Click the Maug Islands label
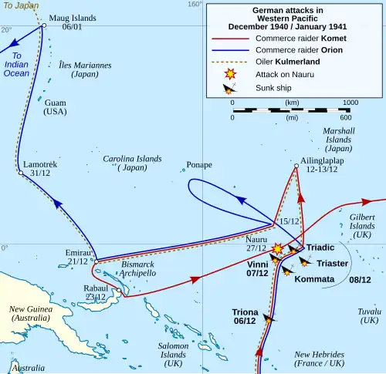[73, 17]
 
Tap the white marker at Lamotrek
[21, 174]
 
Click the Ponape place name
[199, 165]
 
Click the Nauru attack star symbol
[278, 248]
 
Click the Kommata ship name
[314, 279]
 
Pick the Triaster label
[332, 263]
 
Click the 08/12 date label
[361, 279]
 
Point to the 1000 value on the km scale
[350, 102]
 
